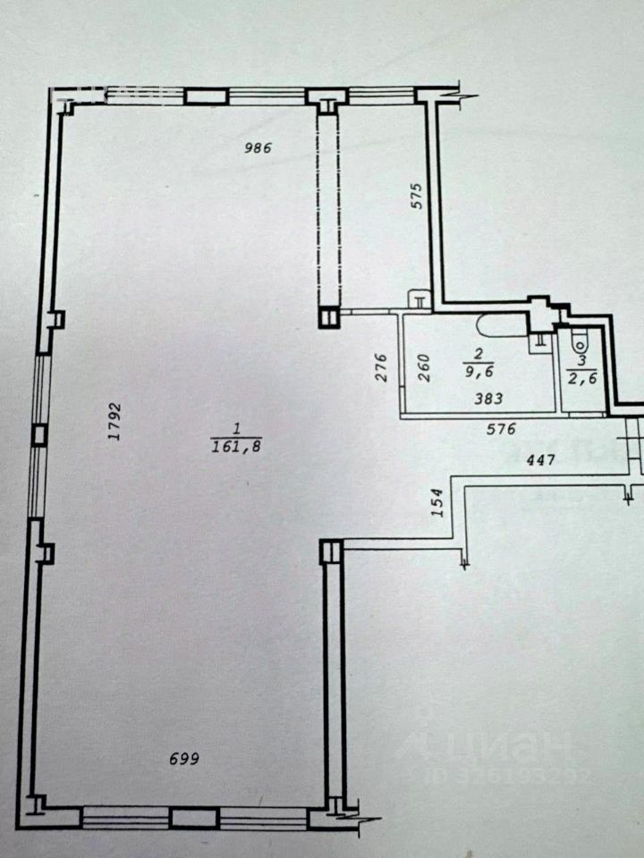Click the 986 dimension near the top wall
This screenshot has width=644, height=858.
tap(258, 148)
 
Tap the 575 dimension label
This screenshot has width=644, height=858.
tap(413, 195)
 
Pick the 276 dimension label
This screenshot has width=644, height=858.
tap(378, 368)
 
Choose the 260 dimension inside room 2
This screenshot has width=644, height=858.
tap(424, 367)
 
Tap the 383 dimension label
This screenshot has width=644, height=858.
tap(487, 399)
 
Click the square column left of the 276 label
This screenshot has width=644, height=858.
tap(329, 315)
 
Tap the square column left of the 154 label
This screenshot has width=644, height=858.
tap(329, 551)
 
